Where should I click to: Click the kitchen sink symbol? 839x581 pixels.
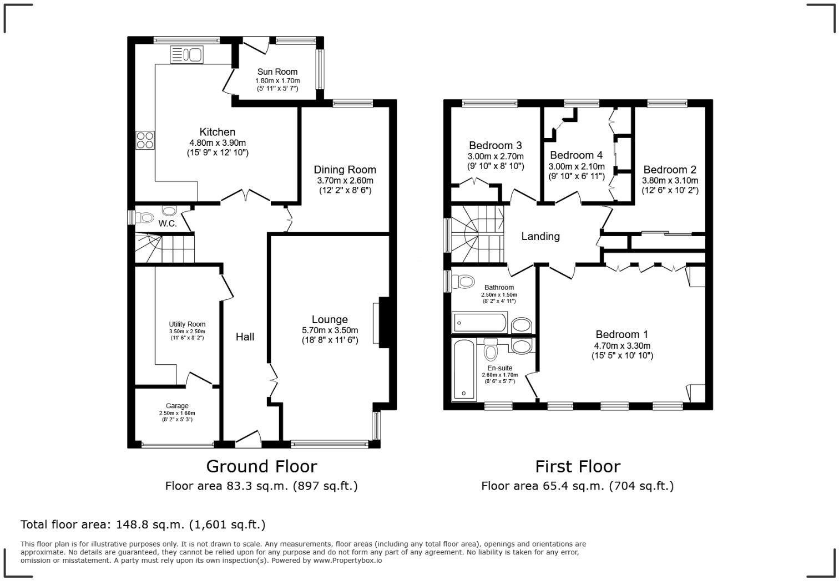[x=186, y=55]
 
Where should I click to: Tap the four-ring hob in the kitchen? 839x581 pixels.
[x=145, y=140]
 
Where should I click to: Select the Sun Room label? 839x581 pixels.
[x=277, y=72]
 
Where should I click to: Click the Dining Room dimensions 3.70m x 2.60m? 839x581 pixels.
[x=345, y=180]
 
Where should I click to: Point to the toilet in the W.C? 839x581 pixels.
[x=144, y=217]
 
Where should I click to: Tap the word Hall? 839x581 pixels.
[x=245, y=337]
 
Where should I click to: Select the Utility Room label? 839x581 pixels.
[x=187, y=324]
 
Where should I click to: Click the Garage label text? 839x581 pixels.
[x=177, y=406]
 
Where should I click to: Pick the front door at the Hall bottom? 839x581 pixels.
[x=248, y=439]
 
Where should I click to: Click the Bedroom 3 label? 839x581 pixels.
[x=495, y=145]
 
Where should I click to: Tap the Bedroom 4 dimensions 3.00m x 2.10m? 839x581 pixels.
[x=577, y=166]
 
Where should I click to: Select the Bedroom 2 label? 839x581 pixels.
[x=670, y=170]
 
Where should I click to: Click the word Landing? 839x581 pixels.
[x=540, y=236]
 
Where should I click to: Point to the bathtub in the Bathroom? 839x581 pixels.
[x=480, y=323]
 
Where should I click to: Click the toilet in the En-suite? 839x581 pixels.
[x=491, y=349]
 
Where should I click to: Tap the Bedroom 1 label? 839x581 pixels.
[x=621, y=334]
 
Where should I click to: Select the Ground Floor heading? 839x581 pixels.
[x=261, y=466]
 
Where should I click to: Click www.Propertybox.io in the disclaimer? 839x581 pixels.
[x=347, y=560]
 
